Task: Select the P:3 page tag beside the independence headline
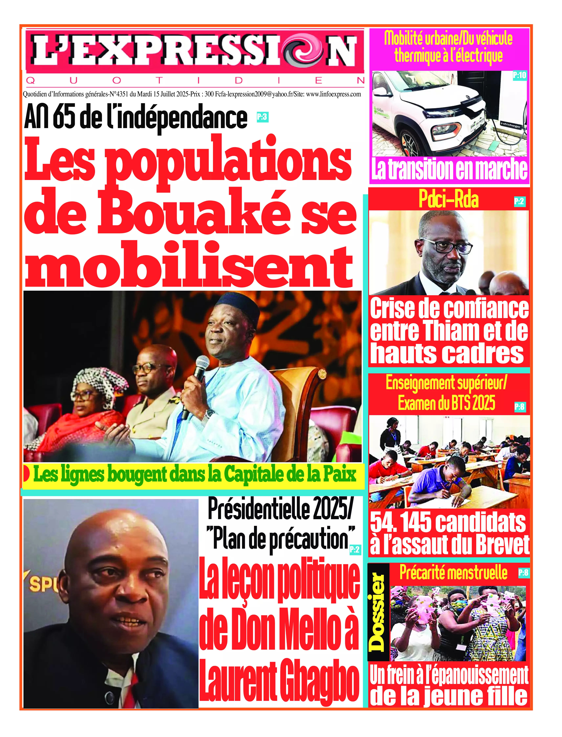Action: point(262,117)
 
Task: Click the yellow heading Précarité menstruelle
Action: point(453,573)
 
